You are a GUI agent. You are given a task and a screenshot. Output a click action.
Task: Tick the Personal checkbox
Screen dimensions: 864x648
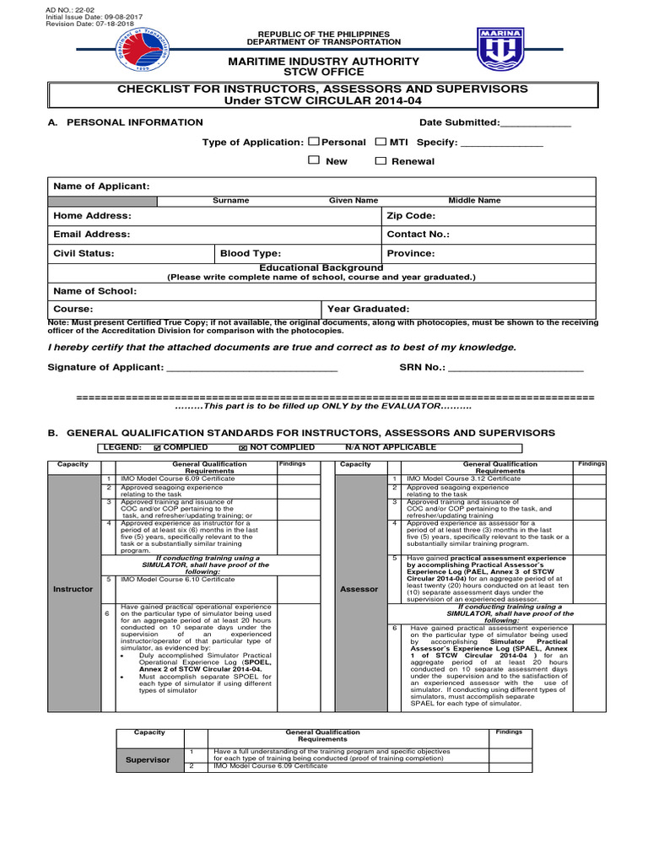pyautogui.click(x=314, y=142)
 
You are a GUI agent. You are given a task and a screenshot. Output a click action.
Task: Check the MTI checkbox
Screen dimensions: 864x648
pyautogui.click(x=381, y=142)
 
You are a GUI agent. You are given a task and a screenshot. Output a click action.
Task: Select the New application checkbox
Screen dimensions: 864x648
pyautogui.click(x=314, y=160)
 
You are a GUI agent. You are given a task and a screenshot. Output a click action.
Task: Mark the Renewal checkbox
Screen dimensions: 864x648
pyautogui.click(x=381, y=160)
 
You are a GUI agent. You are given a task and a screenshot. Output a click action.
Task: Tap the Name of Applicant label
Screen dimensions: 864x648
pyautogui.click(x=101, y=186)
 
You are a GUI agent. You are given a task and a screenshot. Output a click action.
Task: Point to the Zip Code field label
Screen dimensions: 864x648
pyautogui.click(x=411, y=216)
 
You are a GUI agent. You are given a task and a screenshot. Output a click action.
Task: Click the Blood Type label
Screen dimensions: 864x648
pyautogui.click(x=251, y=253)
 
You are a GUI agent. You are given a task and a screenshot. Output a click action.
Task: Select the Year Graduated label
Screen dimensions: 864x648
pyautogui.click(x=368, y=309)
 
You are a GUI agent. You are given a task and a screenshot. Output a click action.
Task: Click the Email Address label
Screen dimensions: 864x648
pyautogui.click(x=92, y=235)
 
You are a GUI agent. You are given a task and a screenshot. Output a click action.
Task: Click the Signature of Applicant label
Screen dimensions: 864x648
pyautogui.click(x=105, y=367)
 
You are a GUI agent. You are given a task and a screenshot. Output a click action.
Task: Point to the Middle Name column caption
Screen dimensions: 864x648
pyautogui.click(x=473, y=201)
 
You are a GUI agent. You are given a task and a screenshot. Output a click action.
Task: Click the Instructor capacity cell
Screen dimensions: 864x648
pyautogui.click(x=74, y=588)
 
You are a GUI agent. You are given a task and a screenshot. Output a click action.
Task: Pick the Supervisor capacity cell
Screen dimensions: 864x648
pyautogui.click(x=148, y=759)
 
